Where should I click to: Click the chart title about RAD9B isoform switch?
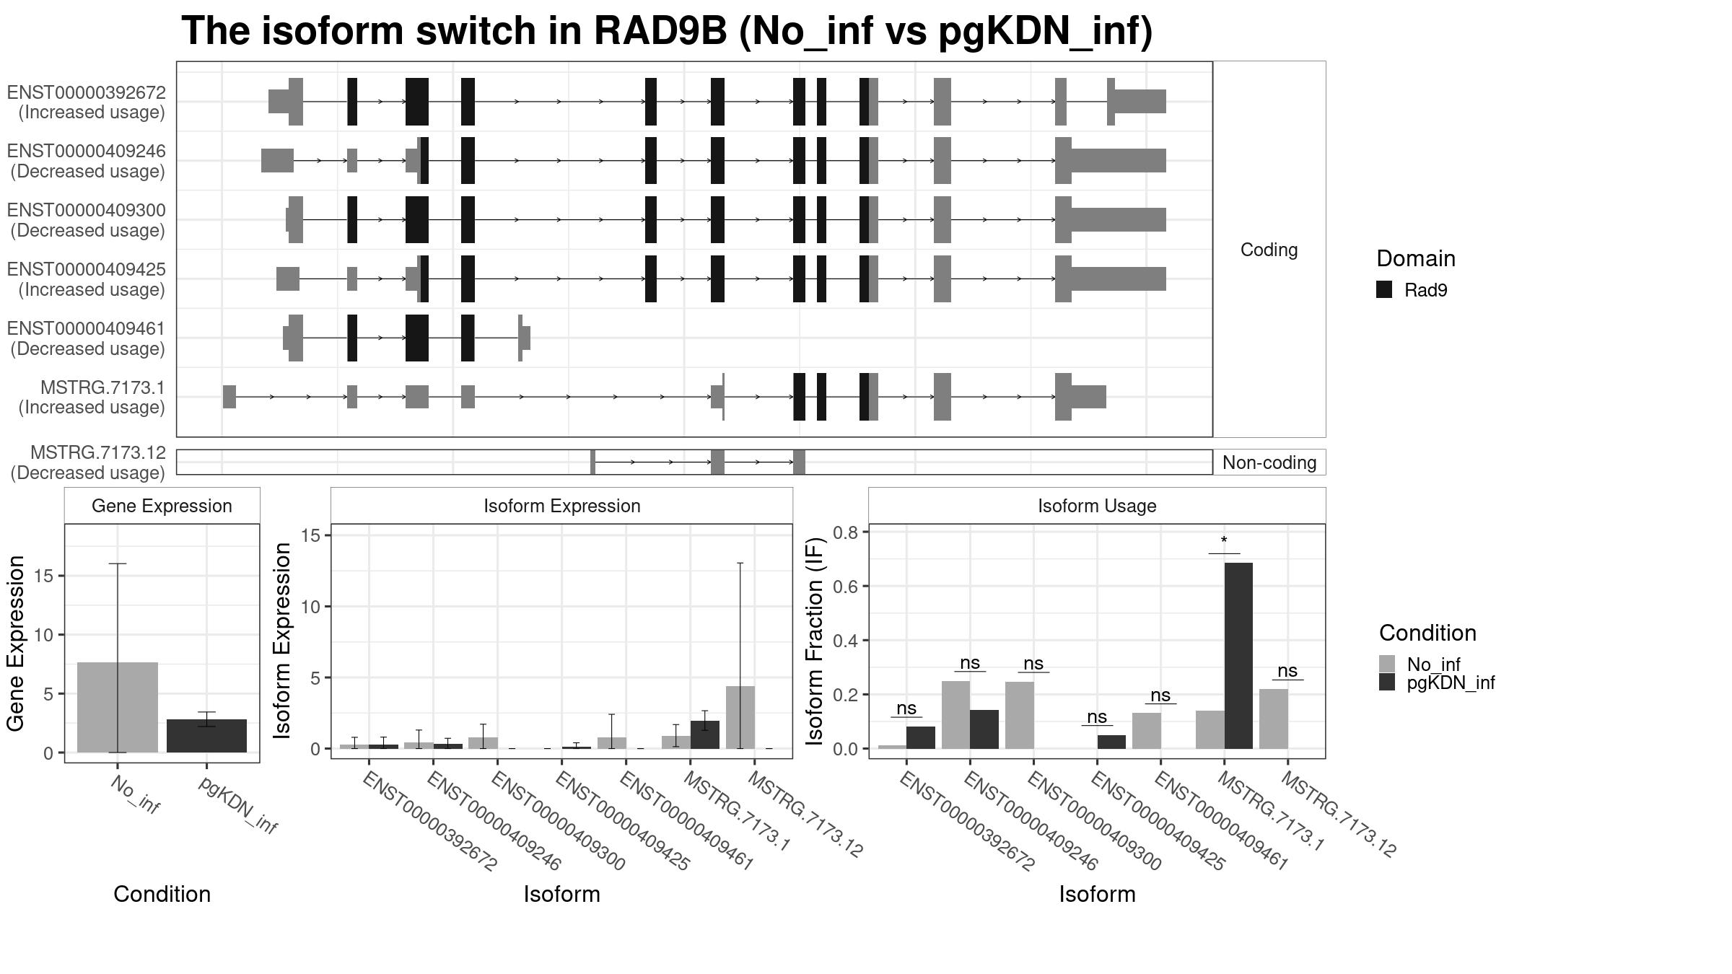point(666,32)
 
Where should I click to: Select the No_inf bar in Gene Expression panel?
point(118,707)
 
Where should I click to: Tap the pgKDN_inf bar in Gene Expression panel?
point(207,736)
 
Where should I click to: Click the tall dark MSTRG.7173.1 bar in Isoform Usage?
point(1238,656)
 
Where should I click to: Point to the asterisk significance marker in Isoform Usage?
point(1224,541)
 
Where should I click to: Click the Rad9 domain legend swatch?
point(1384,290)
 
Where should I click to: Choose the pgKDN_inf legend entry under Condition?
point(1436,683)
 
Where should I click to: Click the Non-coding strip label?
point(1269,462)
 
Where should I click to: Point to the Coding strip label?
point(1269,250)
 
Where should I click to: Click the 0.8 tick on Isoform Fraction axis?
point(846,532)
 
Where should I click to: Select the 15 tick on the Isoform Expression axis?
point(311,535)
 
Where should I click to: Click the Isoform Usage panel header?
point(1097,506)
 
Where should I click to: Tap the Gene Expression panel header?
point(162,506)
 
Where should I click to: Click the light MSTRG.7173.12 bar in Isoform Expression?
point(740,717)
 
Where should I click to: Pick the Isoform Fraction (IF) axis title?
point(815,641)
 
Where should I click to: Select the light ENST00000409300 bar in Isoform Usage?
point(1020,715)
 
